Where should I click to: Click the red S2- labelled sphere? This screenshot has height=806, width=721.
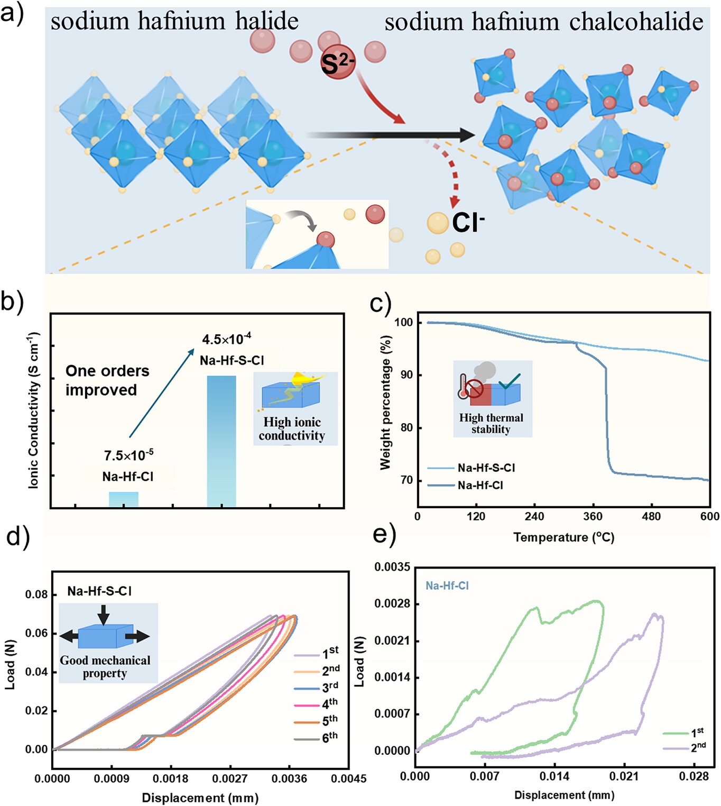(337, 65)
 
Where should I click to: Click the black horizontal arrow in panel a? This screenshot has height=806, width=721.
(391, 135)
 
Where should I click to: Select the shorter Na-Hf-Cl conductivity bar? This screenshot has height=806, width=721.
(124, 499)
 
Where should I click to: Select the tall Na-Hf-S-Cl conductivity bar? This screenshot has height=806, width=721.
(221, 441)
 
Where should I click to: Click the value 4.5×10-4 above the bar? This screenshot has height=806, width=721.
(226, 339)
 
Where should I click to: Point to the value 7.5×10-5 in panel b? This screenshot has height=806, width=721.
(128, 455)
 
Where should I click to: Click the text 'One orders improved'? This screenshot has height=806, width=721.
(107, 380)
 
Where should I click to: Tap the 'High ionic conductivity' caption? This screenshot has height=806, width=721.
(292, 429)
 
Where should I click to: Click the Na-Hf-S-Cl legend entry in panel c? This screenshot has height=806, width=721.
(486, 468)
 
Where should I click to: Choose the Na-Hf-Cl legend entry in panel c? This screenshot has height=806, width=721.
(480, 485)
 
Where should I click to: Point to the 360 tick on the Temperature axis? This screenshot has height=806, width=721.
(593, 516)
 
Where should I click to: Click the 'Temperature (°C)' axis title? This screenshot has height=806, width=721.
(563, 537)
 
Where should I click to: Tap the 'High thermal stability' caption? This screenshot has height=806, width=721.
(491, 424)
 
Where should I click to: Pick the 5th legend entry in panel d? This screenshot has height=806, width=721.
(329, 720)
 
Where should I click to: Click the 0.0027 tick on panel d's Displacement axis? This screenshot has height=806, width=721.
(229, 778)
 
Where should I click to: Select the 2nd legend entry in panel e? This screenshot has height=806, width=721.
(698, 748)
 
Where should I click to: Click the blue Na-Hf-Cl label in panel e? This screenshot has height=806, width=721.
(447, 586)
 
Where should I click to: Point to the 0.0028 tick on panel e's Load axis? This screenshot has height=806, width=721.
(392, 604)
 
